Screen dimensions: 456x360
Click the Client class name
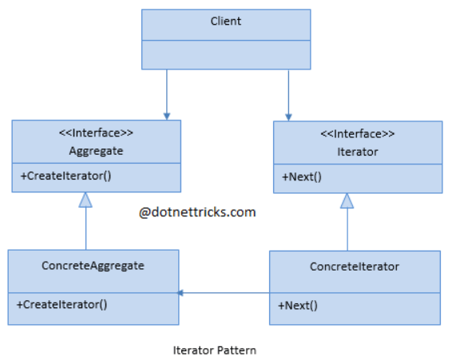226,22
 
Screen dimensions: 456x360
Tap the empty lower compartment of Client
226,54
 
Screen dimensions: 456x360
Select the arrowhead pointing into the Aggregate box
167,117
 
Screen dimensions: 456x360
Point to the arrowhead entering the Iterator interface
288,117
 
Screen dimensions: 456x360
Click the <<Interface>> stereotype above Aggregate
96,133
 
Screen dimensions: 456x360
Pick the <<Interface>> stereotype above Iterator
358,134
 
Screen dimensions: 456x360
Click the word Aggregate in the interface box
96,151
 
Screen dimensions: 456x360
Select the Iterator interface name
358,152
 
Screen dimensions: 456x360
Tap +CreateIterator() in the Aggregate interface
65,176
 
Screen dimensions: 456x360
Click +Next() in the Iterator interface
302,176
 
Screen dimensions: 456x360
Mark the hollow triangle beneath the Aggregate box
85,200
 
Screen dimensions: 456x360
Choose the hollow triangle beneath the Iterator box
347,200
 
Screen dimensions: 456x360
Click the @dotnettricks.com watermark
197,212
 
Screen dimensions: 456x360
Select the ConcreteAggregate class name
93,266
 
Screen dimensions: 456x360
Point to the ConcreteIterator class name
355,267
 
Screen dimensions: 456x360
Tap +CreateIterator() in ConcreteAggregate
61,304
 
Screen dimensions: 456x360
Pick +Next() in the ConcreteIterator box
298,306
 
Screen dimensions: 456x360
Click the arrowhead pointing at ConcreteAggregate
180,293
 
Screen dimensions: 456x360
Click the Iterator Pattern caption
215,350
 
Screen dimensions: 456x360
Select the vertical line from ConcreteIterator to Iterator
347,229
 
